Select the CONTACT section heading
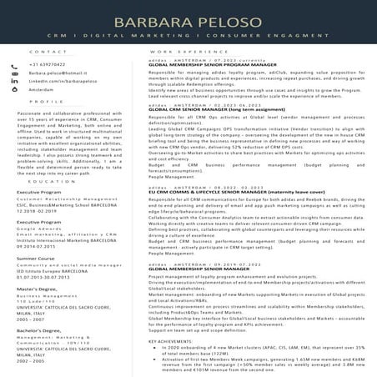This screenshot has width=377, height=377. coord(42,51)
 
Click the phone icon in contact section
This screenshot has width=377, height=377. coord(19,64)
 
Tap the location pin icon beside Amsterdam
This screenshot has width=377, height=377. coord(19,89)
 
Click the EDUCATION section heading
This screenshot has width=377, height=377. coord(52,181)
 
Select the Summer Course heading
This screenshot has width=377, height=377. coord(36,259)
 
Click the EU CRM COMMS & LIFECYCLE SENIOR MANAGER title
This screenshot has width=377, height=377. coord(219,193)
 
